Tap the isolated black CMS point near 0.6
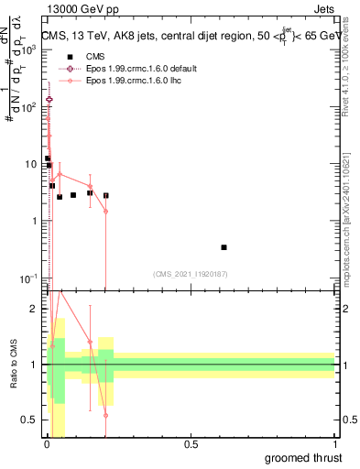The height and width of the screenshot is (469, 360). [224, 247]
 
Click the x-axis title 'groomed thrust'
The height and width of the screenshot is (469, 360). [306, 457]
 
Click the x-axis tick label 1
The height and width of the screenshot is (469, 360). [334, 444]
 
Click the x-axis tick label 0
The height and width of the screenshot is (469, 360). [48, 444]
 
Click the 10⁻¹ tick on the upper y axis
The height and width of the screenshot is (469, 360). [27, 278]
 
